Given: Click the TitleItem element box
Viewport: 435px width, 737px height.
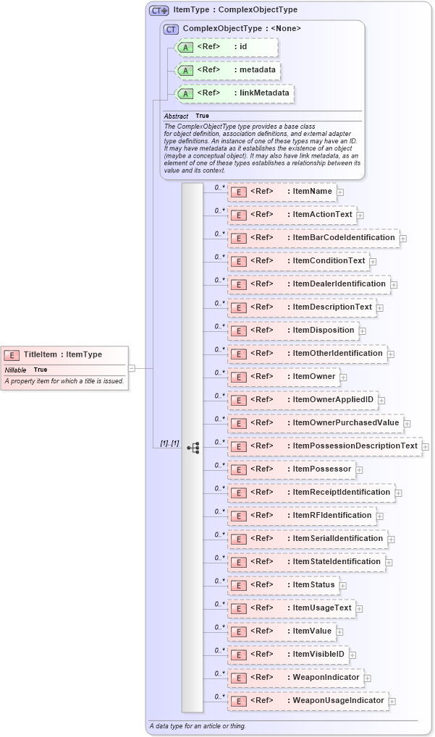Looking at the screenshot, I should pos(65,354).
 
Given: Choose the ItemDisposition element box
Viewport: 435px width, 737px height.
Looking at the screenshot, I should pos(292,331).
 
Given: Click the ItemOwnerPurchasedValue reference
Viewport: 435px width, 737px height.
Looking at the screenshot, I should pos(314,423).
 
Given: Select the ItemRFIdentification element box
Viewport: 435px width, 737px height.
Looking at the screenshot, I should pos(300,516).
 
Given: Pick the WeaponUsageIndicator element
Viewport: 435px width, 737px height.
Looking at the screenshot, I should pos(308,701).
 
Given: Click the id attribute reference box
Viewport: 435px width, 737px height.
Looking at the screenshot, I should pos(225,47).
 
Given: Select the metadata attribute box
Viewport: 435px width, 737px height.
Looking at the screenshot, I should pos(227,70).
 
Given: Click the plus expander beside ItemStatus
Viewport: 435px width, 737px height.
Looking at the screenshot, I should pos(343,585).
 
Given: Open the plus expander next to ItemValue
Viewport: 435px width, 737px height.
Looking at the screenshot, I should pos(339,631).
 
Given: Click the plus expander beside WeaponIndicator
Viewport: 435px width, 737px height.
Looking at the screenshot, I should pos(367,678).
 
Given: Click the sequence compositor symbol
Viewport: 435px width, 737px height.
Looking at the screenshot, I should pos(193,447).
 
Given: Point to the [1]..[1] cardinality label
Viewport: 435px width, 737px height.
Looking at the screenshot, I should pos(169,443).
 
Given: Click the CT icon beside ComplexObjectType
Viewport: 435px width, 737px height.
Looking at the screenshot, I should pos(172,29).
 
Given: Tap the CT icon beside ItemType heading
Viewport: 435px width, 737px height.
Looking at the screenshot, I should pos(159,11).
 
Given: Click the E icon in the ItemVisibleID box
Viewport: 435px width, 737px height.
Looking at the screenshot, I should pos(239,655).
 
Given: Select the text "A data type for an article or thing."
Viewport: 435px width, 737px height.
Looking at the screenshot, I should pos(198,725).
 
